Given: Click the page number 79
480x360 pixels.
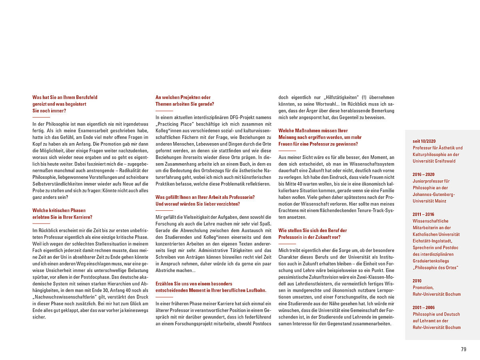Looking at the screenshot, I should pos(464,349).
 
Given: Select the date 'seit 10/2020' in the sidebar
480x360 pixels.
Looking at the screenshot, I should pos(424,141).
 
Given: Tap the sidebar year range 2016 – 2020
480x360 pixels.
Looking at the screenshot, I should pos(424,174).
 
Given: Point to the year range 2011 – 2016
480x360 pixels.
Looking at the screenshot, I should pos(424,214).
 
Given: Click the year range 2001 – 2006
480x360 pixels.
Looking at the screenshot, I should pos(424,307).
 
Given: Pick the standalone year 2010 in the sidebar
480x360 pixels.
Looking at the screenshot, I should pos(417,281).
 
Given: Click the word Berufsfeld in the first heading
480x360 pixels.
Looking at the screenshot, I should pos(85,97).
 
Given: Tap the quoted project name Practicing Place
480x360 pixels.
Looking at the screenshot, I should pos(173,124).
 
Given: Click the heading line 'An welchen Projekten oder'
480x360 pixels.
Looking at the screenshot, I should pos(183,97).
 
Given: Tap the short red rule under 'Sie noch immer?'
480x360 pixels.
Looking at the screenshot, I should pos(41,117).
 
